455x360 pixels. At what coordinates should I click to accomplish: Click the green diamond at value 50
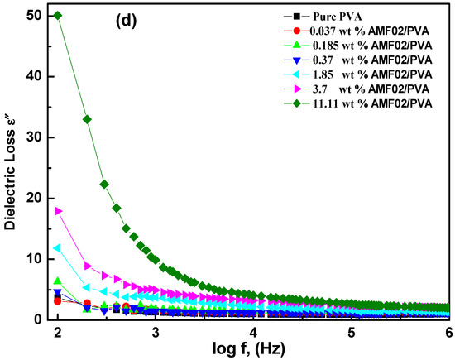point(57,16)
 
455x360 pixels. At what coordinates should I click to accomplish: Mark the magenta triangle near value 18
point(57,211)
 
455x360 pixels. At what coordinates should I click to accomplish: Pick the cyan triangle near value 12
point(57,247)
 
